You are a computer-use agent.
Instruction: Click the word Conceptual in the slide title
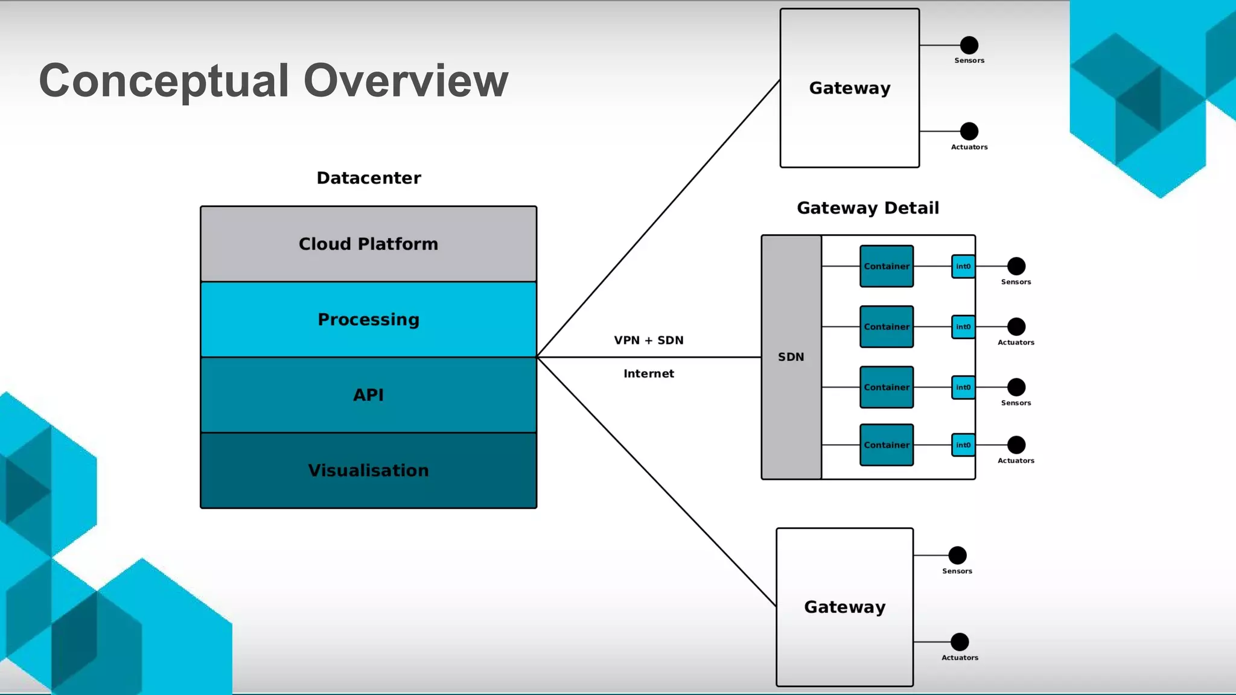click(164, 81)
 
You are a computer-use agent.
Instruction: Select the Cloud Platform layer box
click(368, 244)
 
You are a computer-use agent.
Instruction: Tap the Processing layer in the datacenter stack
click(368, 319)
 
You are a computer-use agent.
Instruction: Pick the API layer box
click(368, 395)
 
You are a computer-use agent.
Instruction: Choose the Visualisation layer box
click(368, 470)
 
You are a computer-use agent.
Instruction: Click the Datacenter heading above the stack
click(369, 178)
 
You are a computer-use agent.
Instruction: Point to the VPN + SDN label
click(649, 340)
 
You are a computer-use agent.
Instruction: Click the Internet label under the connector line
click(649, 373)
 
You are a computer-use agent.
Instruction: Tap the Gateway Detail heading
click(868, 208)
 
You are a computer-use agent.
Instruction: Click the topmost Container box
click(887, 266)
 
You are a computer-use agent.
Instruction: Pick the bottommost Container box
click(887, 445)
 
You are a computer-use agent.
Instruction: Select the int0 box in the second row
click(963, 326)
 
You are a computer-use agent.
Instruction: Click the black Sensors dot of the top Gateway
click(969, 45)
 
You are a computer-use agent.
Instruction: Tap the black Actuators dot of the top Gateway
click(969, 131)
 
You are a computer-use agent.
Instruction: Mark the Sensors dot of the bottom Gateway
click(957, 555)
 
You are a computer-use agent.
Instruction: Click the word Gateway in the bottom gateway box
click(844, 607)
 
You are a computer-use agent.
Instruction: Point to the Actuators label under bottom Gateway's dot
click(960, 658)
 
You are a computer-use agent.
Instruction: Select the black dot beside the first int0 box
click(1016, 266)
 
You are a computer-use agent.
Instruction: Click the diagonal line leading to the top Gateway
click(658, 218)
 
